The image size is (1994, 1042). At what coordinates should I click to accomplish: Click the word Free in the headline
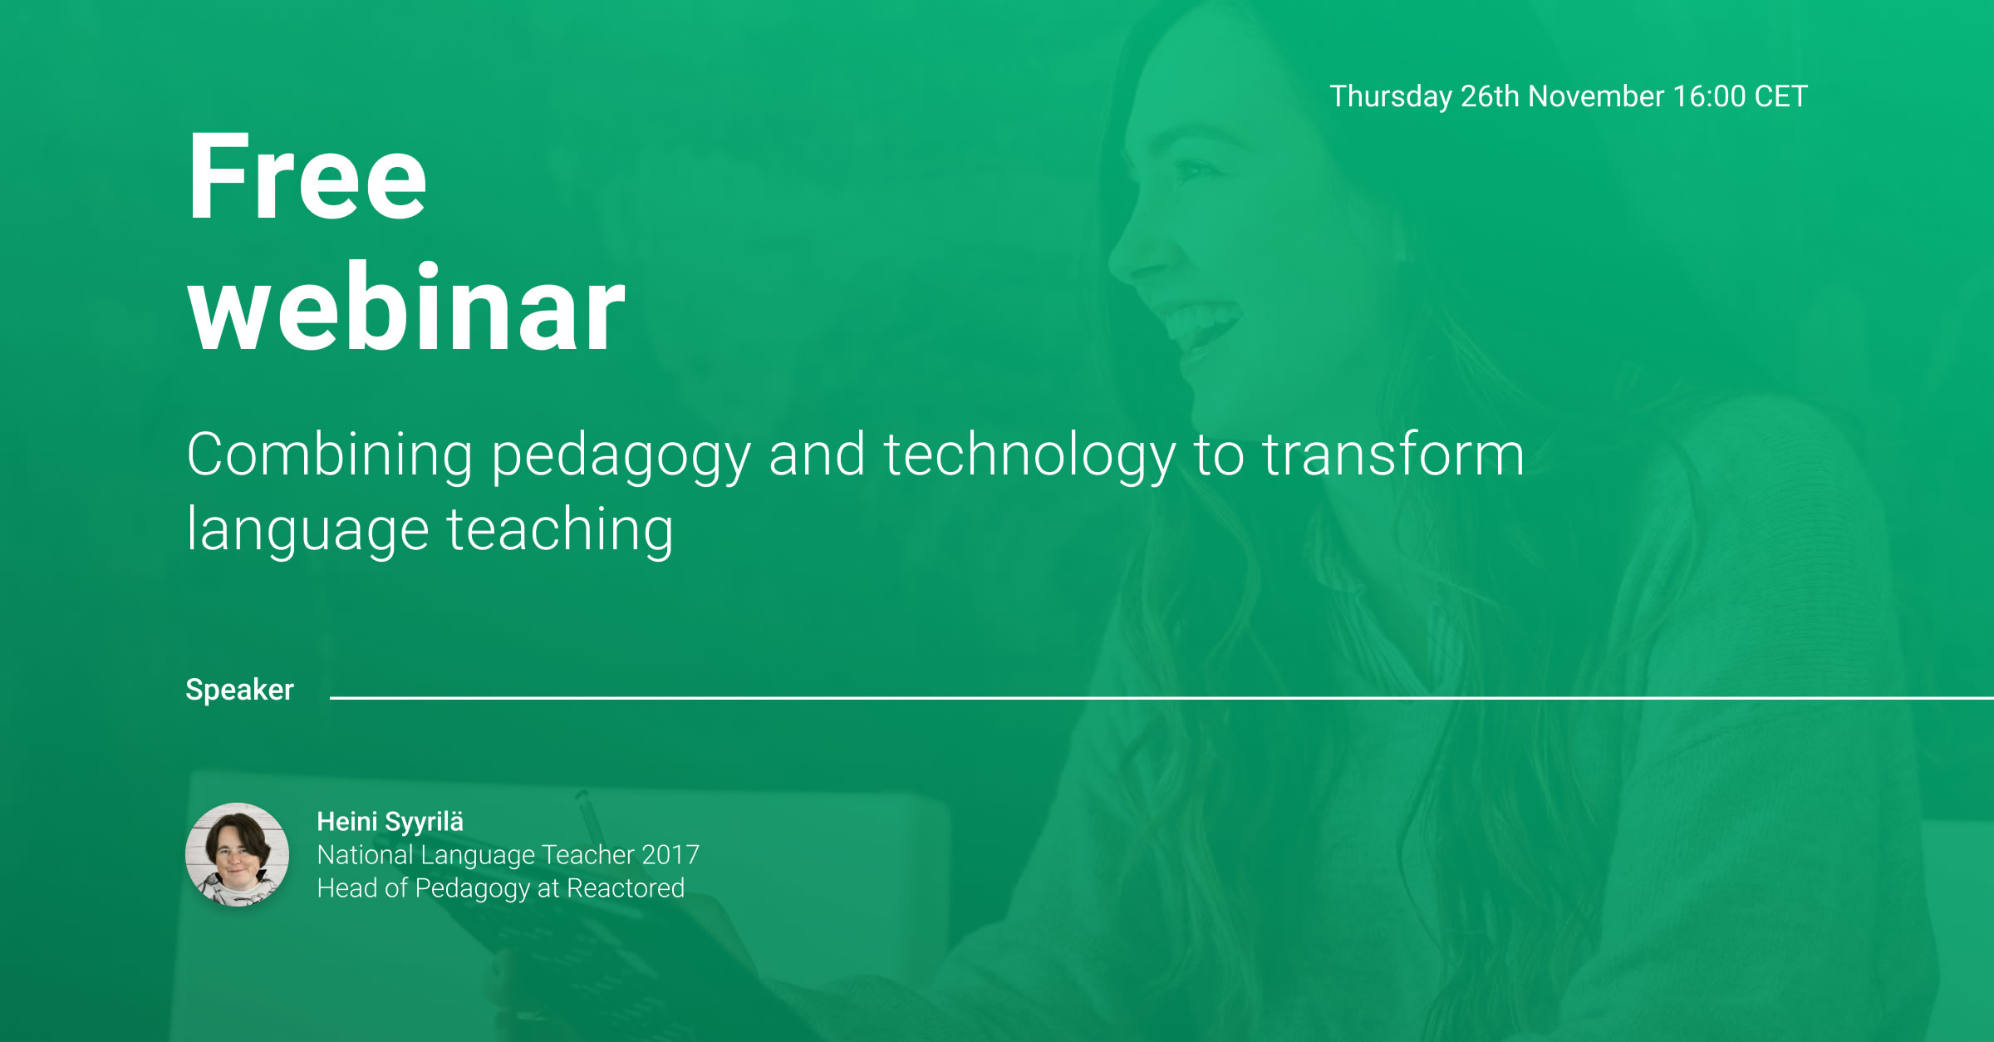pyautogui.click(x=307, y=177)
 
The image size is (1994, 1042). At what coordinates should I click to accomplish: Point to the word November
pyautogui.click(x=1596, y=96)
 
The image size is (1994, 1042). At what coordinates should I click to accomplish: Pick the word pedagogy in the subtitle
pyautogui.click(x=621, y=457)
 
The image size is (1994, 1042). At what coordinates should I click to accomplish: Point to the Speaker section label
pyautogui.click(x=239, y=691)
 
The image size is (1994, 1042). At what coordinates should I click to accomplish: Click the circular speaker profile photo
pyautogui.click(x=238, y=854)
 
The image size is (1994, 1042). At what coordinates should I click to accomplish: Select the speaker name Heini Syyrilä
pyautogui.click(x=390, y=822)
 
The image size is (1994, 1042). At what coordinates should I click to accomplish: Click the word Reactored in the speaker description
pyautogui.click(x=626, y=888)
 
